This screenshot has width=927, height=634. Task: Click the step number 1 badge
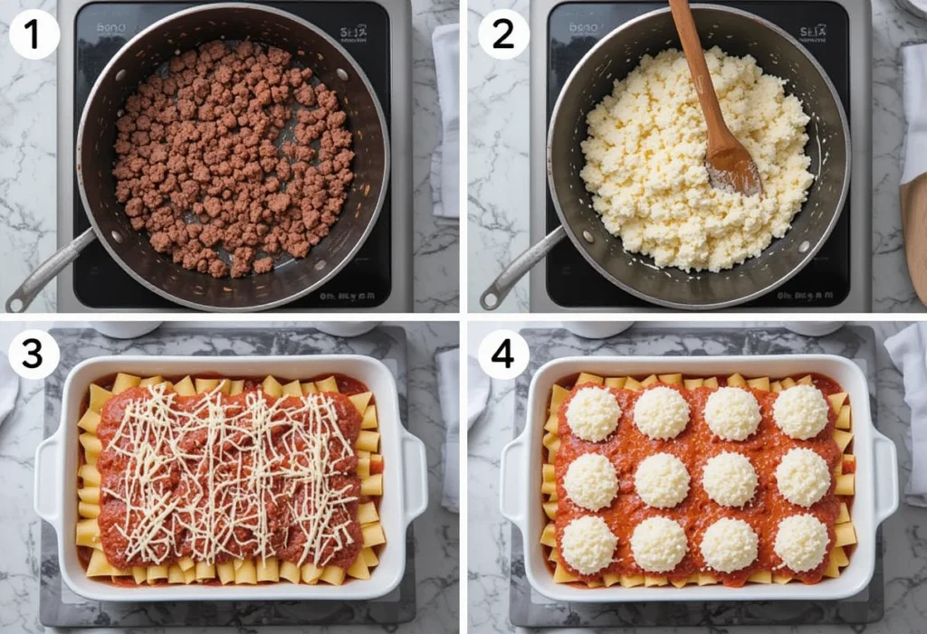pyautogui.click(x=33, y=35)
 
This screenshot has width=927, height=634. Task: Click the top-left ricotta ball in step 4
pyautogui.click(x=593, y=413)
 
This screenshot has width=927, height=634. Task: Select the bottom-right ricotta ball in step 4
pyautogui.click(x=801, y=543)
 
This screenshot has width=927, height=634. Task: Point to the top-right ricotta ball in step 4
pyautogui.click(x=800, y=412)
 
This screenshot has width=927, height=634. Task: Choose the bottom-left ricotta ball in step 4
pyautogui.click(x=589, y=544)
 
